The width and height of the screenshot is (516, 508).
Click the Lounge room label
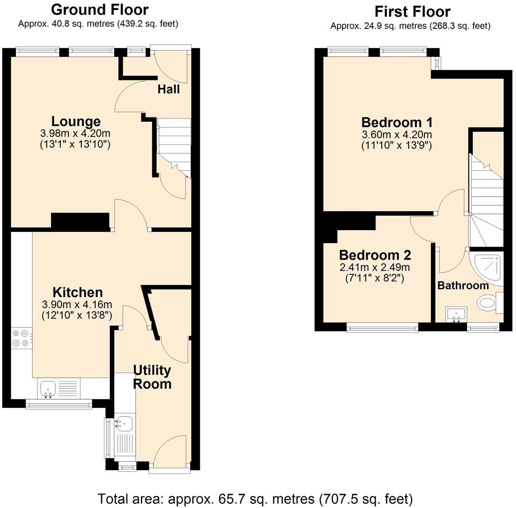click(76, 122)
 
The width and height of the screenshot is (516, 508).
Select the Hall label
click(168, 89)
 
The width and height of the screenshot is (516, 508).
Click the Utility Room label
click(152, 377)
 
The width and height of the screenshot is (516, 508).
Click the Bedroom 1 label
click(397, 122)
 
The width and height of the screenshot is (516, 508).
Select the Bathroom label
click(463, 285)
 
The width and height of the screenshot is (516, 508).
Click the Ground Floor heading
click(100, 9)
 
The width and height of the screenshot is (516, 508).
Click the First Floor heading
click(413, 11)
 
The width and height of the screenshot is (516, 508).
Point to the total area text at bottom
click(255, 498)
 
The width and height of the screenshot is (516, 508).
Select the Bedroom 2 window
click(382, 328)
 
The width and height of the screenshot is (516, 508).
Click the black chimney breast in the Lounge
click(80, 221)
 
